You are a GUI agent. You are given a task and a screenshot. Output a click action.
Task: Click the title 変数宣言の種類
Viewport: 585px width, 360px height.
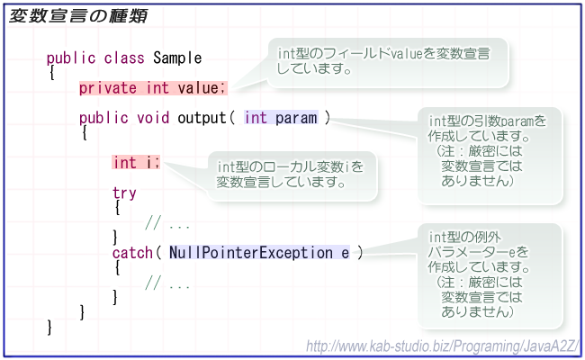[78, 16]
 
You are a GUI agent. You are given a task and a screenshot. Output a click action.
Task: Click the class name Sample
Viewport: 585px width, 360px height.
[177, 58]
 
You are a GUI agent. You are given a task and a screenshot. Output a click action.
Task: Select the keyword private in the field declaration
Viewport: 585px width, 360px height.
[107, 88]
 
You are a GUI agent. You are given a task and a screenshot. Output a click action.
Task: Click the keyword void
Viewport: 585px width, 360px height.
[153, 118]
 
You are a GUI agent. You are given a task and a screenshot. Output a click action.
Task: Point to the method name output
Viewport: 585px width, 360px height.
[202, 118]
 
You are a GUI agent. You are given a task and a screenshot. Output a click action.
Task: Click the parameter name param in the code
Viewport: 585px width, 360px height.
[296, 118]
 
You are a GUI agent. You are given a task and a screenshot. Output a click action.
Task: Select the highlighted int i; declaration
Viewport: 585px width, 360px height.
[136, 163]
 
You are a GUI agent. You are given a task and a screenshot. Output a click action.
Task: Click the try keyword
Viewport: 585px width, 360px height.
[124, 193]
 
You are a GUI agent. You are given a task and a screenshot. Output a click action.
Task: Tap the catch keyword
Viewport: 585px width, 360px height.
[132, 253]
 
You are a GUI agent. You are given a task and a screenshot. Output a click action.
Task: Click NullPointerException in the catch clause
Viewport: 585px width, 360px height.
[251, 253]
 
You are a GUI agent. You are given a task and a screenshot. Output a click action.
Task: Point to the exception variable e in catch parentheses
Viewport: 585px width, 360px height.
[346, 253]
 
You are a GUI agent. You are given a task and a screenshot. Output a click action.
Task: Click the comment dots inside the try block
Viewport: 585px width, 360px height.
[179, 226]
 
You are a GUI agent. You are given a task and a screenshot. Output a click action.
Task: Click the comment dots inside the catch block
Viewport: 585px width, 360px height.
[179, 286]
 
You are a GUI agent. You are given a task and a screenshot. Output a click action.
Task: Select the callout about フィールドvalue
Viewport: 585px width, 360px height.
[388, 63]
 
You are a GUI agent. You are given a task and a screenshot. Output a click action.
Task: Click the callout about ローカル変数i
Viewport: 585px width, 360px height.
[292, 175]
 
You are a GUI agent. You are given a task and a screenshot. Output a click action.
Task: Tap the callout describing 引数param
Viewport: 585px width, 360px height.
[490, 156]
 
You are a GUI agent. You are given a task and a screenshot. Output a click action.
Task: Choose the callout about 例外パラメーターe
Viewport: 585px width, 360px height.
[490, 275]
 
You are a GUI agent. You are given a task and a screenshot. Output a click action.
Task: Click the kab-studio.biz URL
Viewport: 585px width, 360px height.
[443, 346]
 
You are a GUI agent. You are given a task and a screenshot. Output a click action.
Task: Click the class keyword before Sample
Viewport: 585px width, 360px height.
[124, 58]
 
